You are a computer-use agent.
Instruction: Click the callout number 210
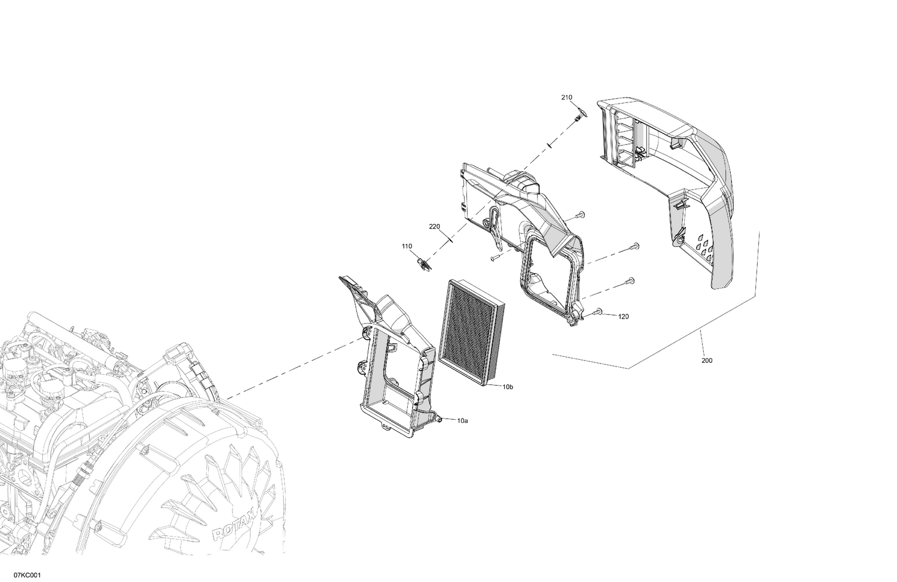[566, 97]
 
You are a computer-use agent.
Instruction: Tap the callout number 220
[434, 226]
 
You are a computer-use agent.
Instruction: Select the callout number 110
[407, 246]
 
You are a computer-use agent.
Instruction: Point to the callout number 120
[623, 316]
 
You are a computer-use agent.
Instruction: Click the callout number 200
[706, 360]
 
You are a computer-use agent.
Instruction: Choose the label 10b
[507, 387]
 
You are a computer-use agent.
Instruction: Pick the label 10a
[462, 421]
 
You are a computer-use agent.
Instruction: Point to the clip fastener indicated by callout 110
[422, 263]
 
